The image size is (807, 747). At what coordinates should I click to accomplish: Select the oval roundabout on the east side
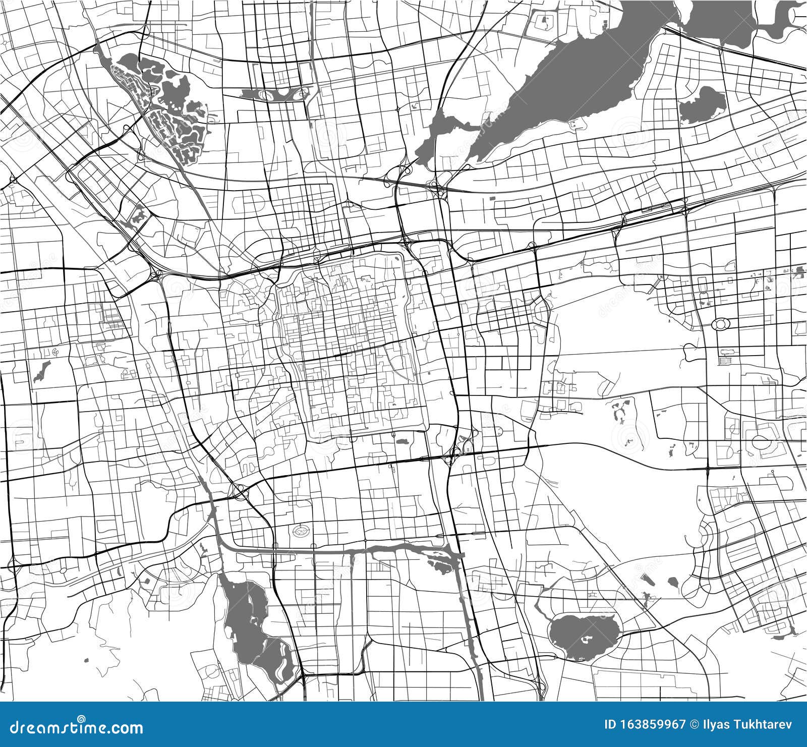tap(720, 324)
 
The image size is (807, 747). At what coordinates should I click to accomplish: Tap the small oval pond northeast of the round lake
tap(673, 584)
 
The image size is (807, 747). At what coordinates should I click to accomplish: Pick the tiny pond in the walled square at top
tap(544, 22)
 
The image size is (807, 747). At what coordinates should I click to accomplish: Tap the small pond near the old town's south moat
tap(402, 442)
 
